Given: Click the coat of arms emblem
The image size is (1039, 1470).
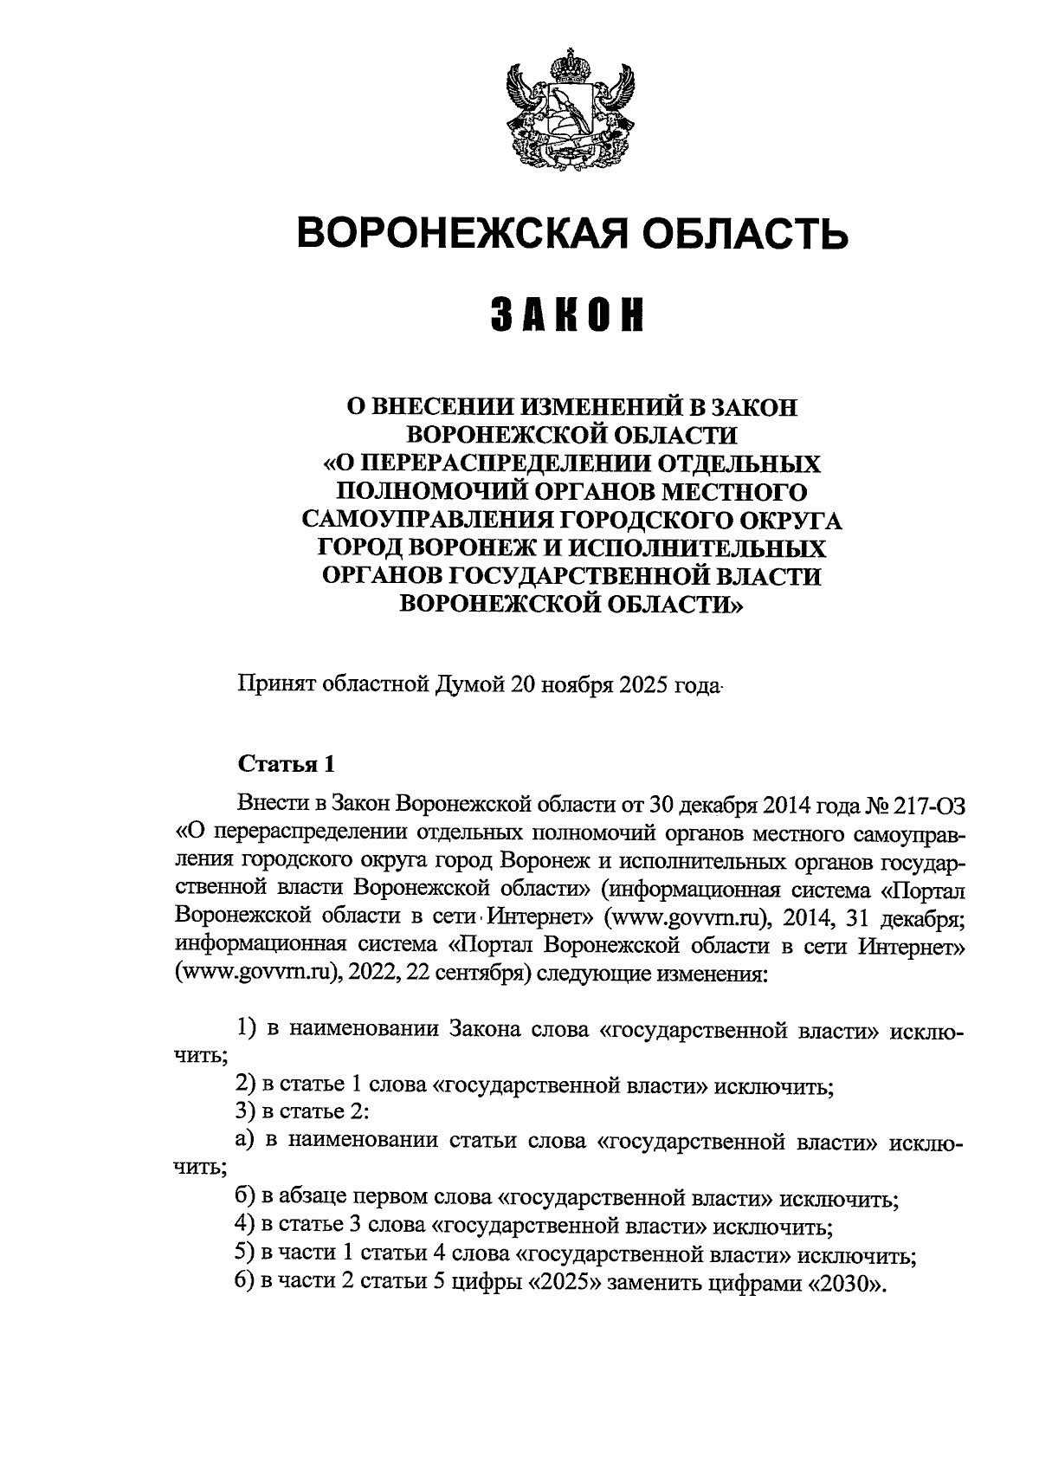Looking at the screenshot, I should point(571,108).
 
